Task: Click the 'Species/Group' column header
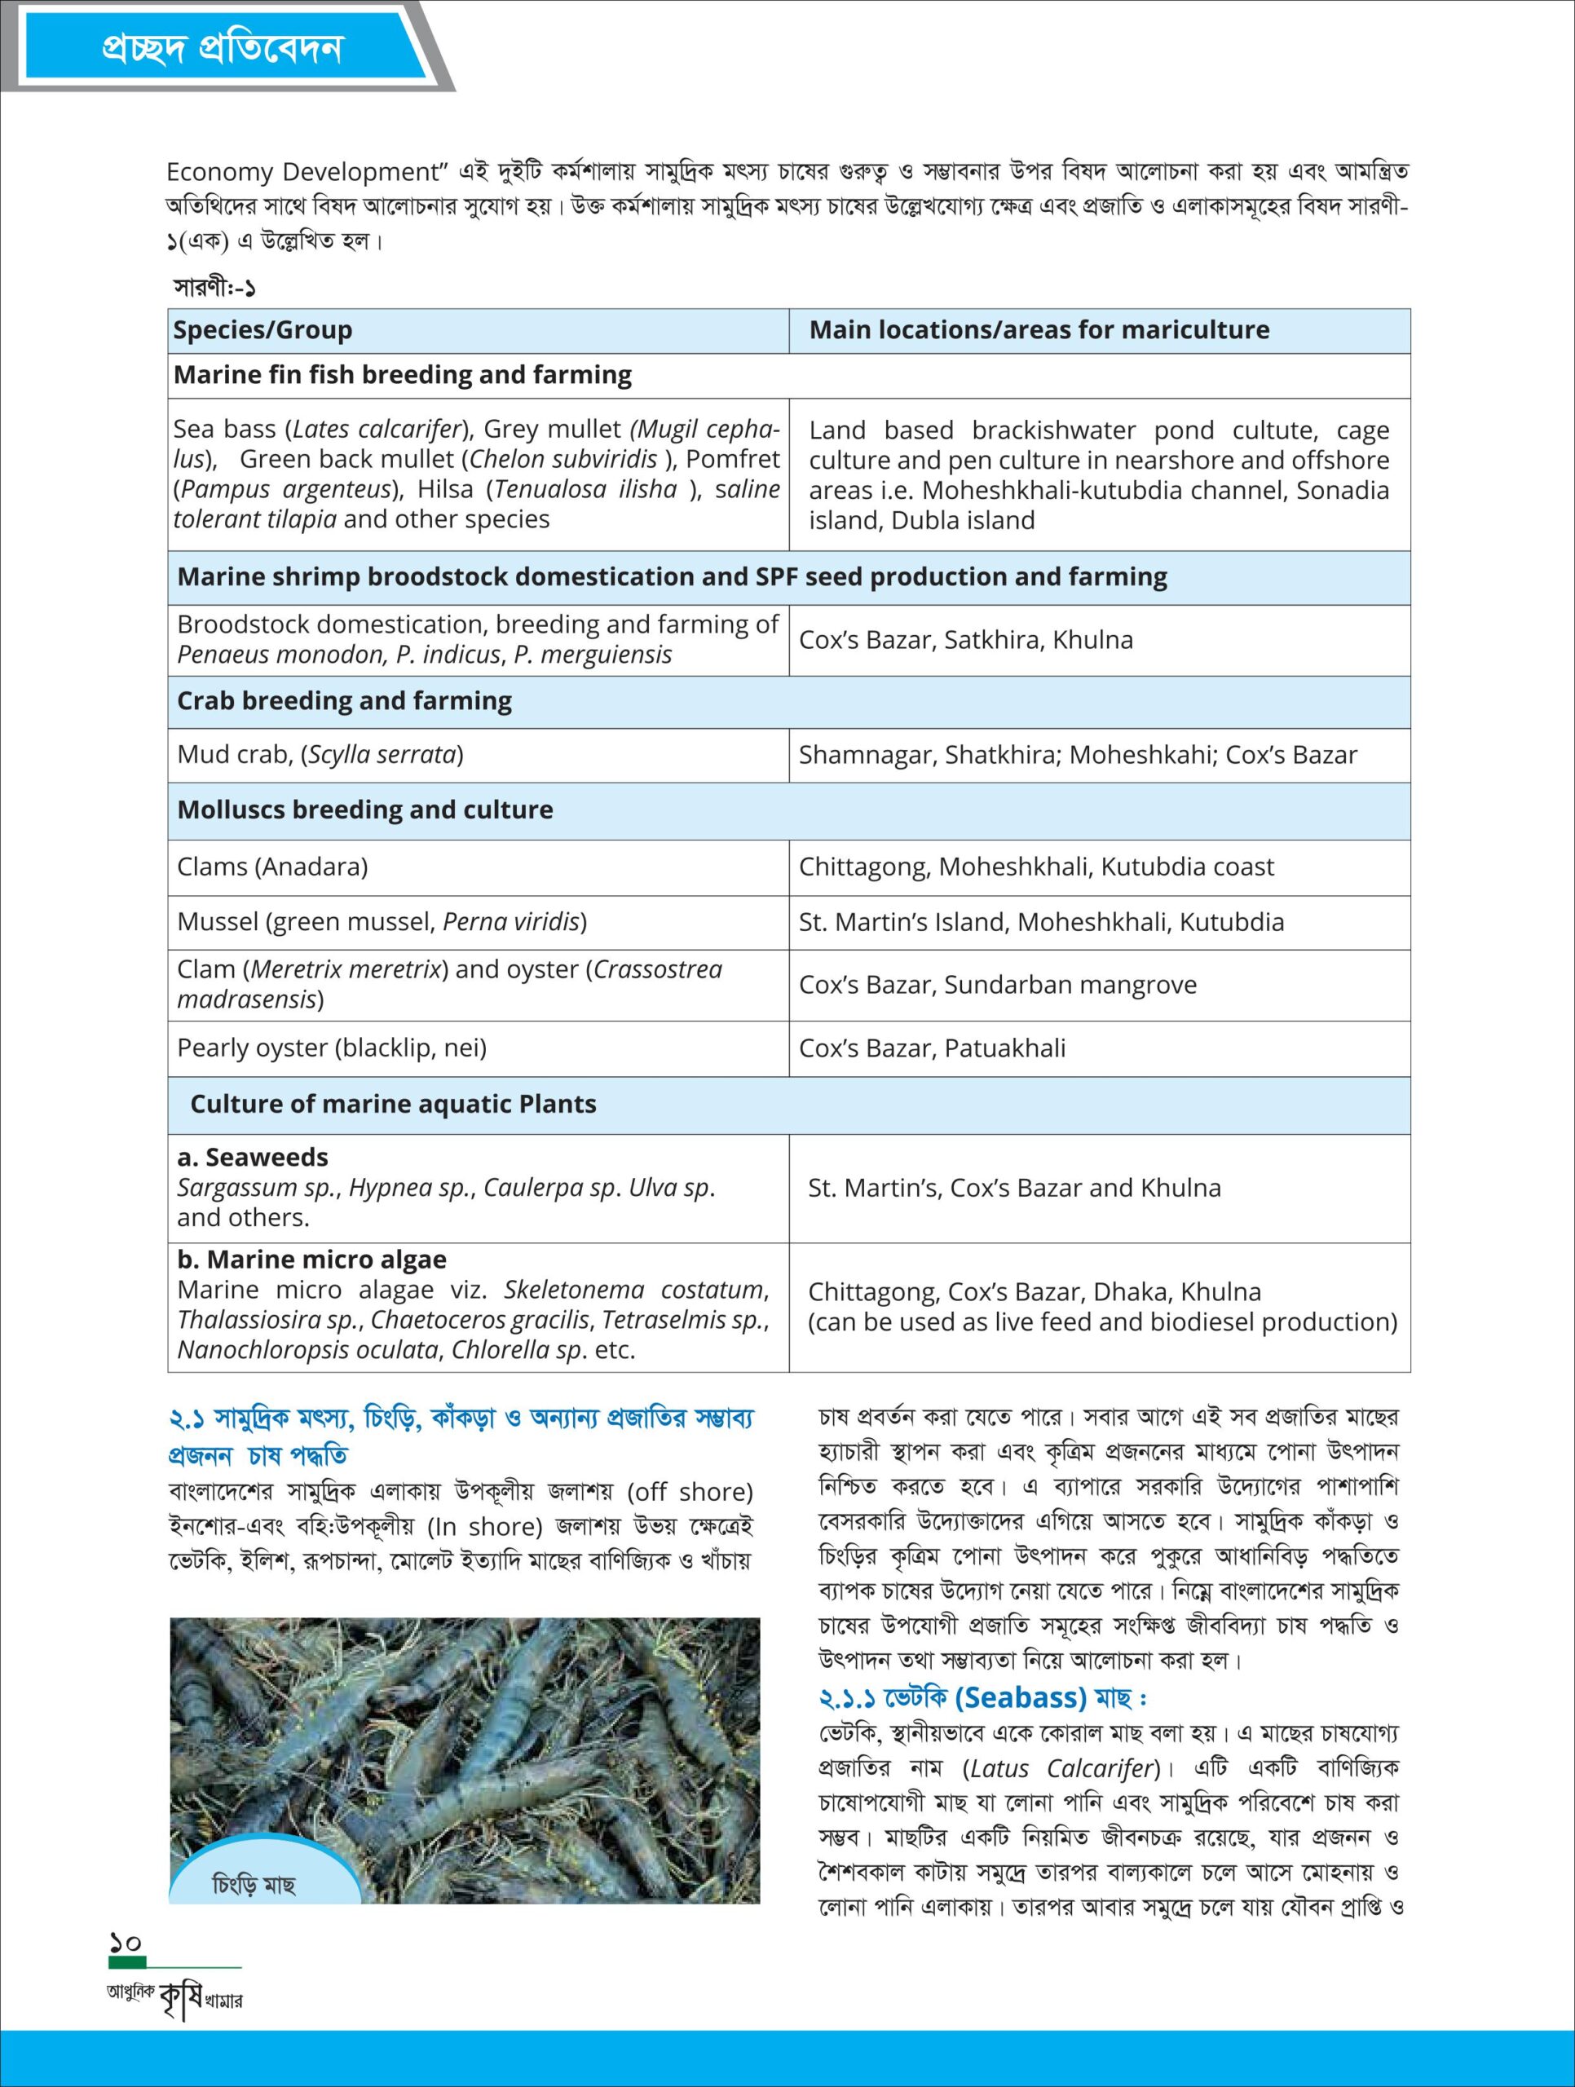pyautogui.click(x=262, y=330)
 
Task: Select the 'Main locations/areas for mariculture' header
pyautogui.click(x=1039, y=330)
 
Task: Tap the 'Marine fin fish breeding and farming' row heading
pyautogui.click(x=402, y=376)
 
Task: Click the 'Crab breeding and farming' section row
pyautogui.click(x=345, y=701)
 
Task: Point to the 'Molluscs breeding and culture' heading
pyautogui.click(x=365, y=810)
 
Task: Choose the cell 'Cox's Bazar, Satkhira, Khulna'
pyautogui.click(x=965, y=640)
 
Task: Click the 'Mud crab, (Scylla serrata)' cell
pyautogui.click(x=320, y=755)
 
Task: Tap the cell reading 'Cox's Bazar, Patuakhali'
pyautogui.click(x=932, y=1048)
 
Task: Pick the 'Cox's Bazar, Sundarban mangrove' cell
pyautogui.click(x=998, y=985)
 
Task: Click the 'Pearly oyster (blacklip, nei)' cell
pyautogui.click(x=331, y=1048)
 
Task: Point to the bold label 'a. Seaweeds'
pyautogui.click(x=253, y=1158)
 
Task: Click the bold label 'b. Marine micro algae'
pyautogui.click(x=311, y=1260)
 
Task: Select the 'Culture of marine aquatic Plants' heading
pyautogui.click(x=393, y=1104)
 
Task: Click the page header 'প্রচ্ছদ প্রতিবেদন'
pyautogui.click(x=223, y=48)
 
